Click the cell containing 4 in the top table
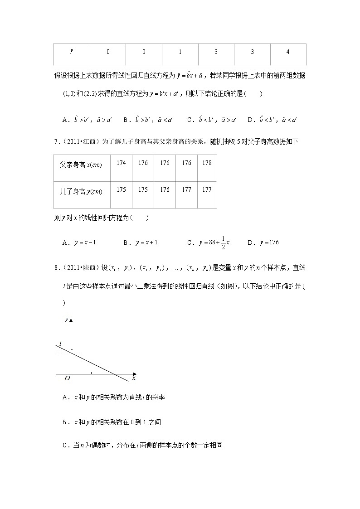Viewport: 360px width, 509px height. click(x=288, y=52)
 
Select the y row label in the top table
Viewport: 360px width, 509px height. click(x=72, y=51)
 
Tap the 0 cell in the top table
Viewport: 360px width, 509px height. click(x=108, y=52)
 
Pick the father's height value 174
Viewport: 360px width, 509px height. click(x=121, y=163)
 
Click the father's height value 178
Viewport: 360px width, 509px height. click(x=207, y=163)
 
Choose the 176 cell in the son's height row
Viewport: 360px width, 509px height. click(x=165, y=190)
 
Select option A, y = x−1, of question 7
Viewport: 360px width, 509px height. click(x=79, y=243)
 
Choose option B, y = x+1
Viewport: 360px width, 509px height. click(x=141, y=243)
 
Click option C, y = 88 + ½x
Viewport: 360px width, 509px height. click(x=208, y=243)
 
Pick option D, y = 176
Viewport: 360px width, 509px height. click(x=263, y=243)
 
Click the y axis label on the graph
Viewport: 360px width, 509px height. click(x=66, y=319)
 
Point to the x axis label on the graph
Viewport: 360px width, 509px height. click(x=134, y=377)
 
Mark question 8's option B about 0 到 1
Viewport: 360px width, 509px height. click(x=112, y=422)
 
